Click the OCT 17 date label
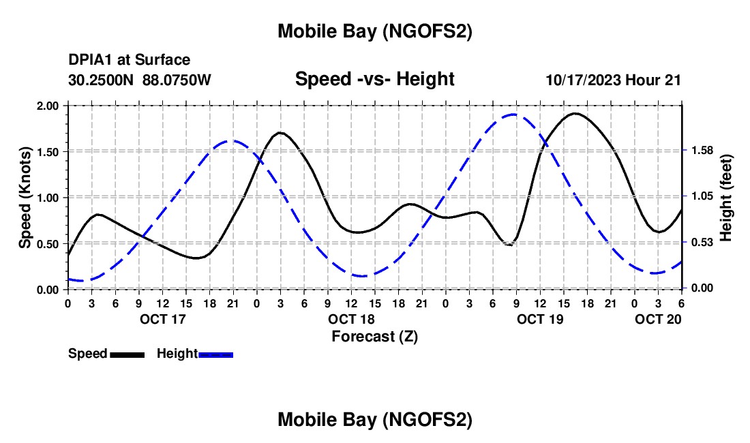tap(162, 319)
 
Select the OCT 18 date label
tap(351, 319)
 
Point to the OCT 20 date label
tap(658, 319)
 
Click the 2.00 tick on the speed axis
tap(48, 106)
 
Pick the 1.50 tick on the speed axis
tap(48, 152)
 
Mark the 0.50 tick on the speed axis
tap(48, 244)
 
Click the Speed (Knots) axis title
tap(25, 197)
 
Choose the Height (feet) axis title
tap(726, 197)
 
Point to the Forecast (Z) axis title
tap(374, 336)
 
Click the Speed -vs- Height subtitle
tap(374, 79)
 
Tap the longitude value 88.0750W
tap(177, 80)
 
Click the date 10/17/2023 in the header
tap(583, 80)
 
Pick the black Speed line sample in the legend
tap(127, 354)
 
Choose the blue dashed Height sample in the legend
tap(216, 354)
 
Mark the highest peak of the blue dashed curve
tap(513, 114)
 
